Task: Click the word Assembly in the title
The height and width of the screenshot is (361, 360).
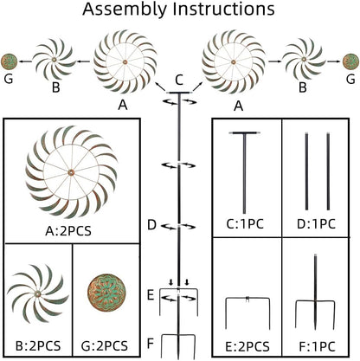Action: (125, 10)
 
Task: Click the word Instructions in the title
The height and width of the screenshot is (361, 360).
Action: (223, 9)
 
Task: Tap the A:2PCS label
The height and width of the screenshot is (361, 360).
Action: (68, 231)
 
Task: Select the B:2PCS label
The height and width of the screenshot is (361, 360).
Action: (38, 345)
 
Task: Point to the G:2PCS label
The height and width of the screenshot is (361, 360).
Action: (105, 345)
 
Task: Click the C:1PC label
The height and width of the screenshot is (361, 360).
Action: (245, 224)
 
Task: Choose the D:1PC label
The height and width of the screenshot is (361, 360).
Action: (317, 224)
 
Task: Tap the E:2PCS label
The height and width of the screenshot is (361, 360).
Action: (247, 346)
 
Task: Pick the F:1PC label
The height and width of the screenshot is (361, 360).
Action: (317, 346)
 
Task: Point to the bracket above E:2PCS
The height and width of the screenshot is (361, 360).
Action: (247, 299)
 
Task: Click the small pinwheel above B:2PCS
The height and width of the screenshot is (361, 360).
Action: (37, 293)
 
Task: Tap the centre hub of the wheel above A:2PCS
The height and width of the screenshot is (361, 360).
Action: (71, 172)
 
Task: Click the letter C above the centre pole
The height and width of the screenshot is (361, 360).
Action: (179, 80)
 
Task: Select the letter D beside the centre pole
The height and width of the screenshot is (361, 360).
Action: (151, 225)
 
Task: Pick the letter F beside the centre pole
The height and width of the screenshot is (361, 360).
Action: (151, 344)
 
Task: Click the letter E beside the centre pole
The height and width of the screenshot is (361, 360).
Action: (151, 295)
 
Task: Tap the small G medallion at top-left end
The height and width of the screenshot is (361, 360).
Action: (10, 61)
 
